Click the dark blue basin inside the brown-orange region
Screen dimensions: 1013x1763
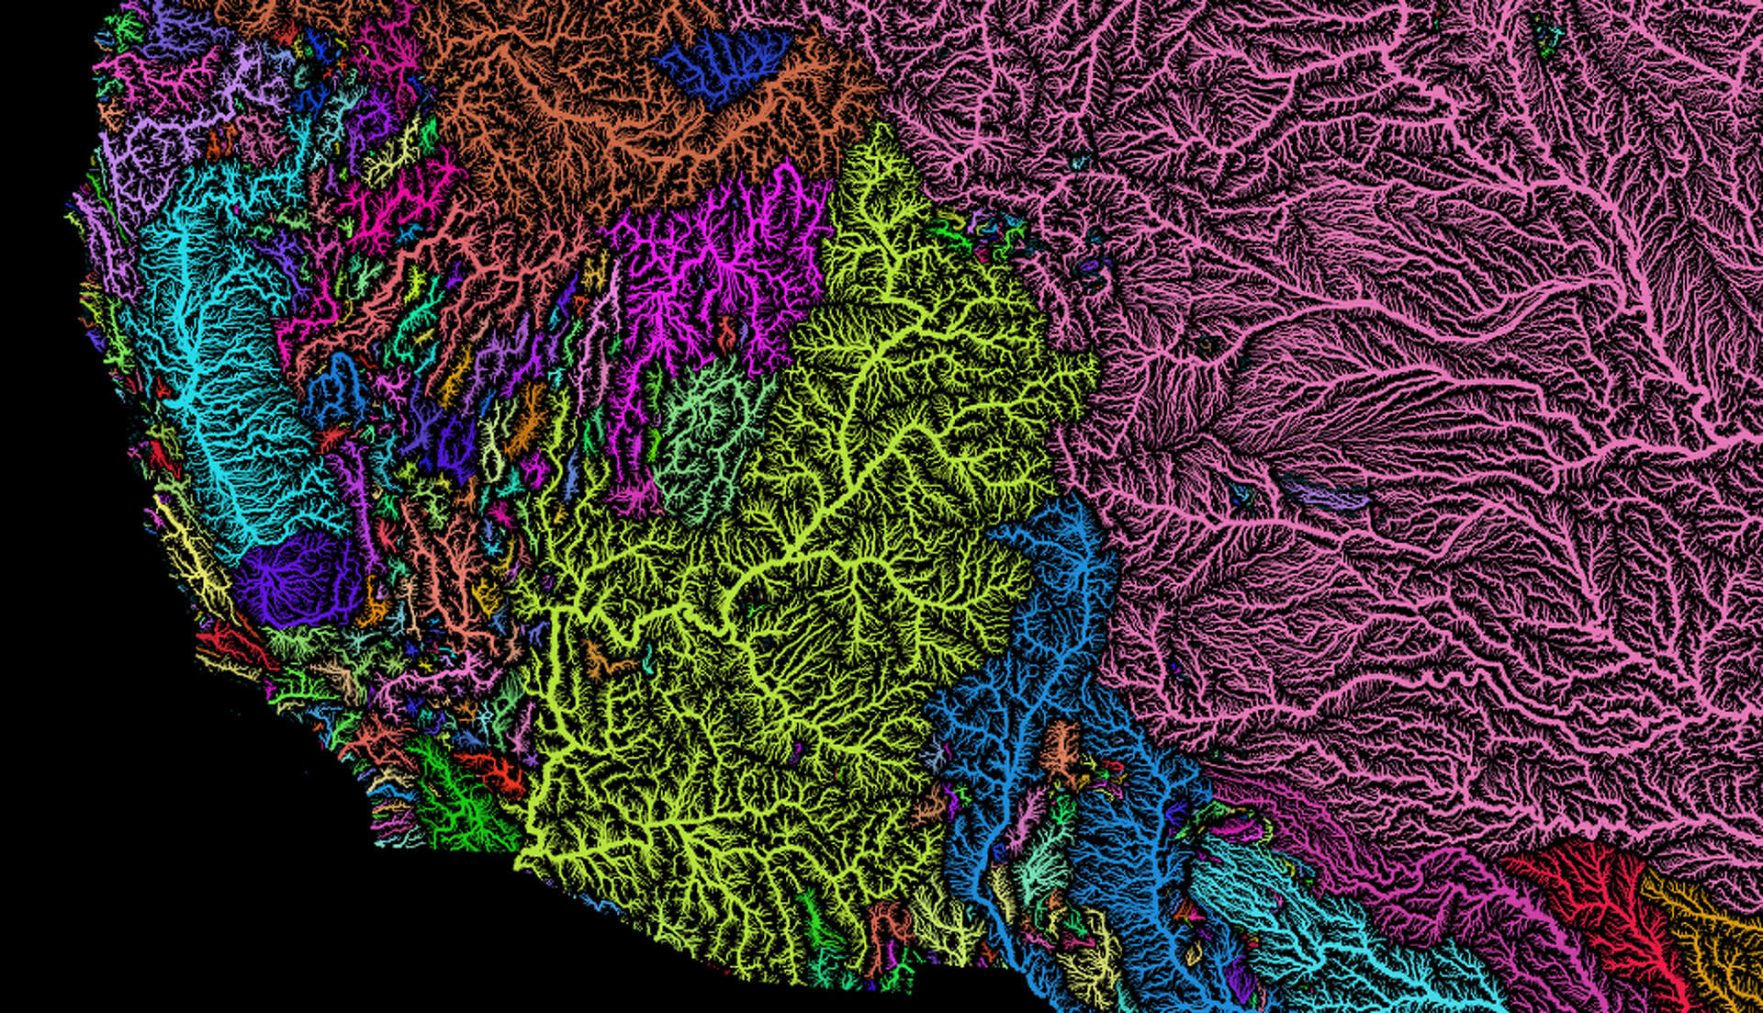[721, 64]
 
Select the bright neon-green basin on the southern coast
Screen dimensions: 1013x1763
[459, 799]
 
